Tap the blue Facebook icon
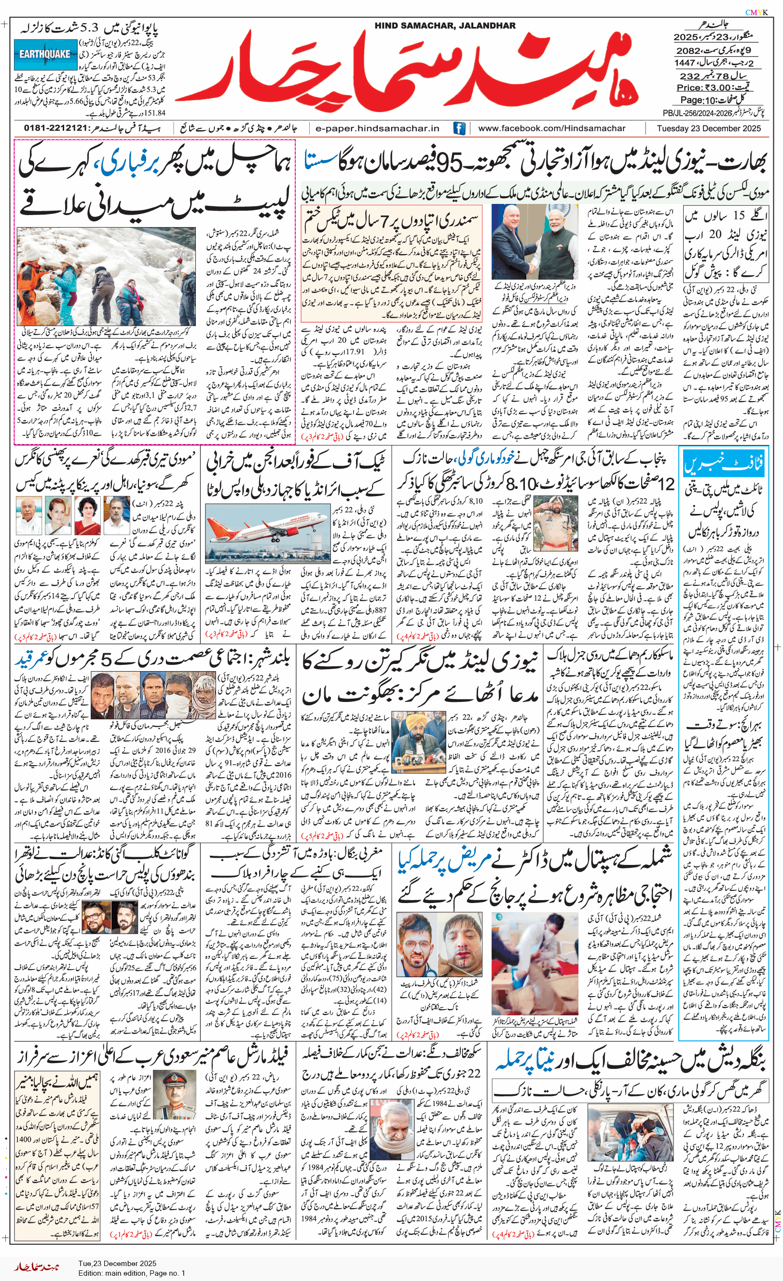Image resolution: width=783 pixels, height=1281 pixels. coord(459,128)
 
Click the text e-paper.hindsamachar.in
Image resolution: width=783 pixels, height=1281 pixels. coord(377,128)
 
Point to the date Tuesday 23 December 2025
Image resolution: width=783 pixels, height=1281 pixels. coord(708,128)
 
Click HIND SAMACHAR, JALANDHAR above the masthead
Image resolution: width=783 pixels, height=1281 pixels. coord(445,26)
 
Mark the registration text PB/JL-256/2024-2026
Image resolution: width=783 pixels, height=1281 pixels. coord(697,113)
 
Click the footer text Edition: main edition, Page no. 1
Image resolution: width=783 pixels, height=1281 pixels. coord(132,1273)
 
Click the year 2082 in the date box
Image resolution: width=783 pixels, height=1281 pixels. coord(688,51)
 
